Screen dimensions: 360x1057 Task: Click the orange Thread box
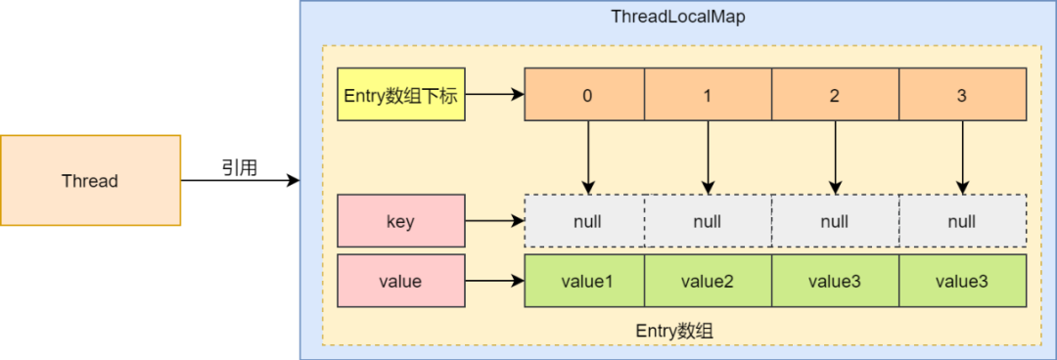click(90, 181)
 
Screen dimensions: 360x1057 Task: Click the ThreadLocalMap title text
click(678, 17)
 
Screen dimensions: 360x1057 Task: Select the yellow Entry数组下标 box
click(400, 95)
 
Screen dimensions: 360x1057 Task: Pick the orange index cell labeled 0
click(586, 95)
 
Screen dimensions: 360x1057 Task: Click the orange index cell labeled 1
click(708, 95)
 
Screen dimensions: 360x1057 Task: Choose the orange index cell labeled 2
click(835, 95)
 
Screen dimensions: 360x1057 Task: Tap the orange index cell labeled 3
click(962, 95)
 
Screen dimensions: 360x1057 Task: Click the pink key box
click(400, 221)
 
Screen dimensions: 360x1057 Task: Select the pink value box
click(400, 281)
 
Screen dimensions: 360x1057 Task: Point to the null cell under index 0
click(586, 221)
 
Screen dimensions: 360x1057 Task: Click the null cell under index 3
click(962, 221)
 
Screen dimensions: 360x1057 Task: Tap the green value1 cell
click(586, 281)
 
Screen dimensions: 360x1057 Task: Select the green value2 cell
click(708, 281)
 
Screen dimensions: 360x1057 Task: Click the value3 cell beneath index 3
click(962, 281)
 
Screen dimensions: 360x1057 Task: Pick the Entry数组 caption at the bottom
click(674, 331)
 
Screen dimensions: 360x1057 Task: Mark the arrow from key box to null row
click(494, 222)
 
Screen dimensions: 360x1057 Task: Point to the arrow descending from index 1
click(708, 157)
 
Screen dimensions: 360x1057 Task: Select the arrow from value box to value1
click(494, 282)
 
